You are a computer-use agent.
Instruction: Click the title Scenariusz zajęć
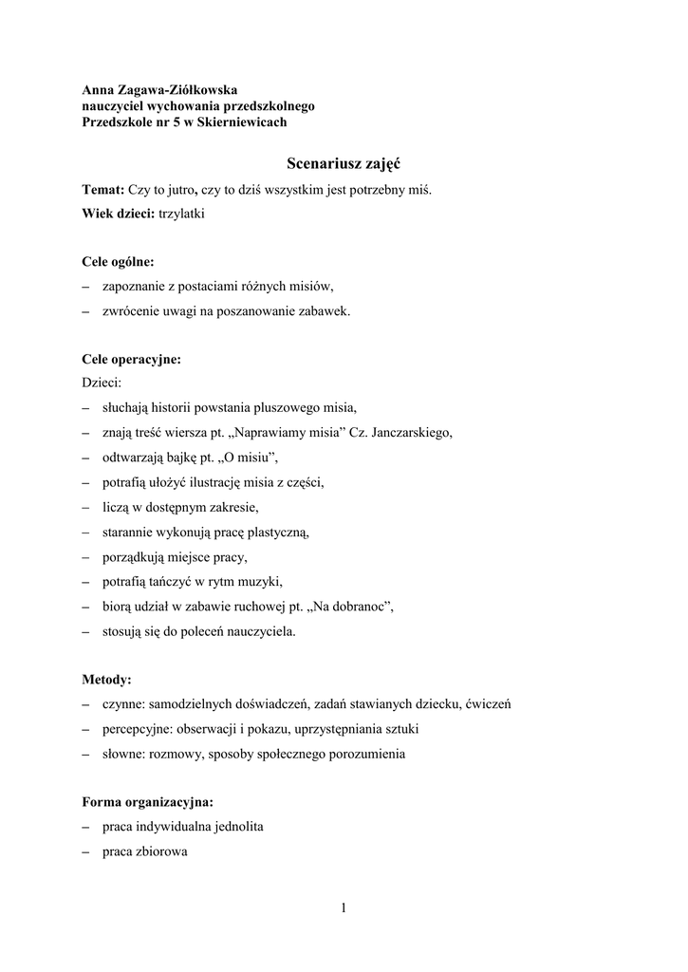click(x=343, y=163)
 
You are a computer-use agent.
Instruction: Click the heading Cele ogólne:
click(x=119, y=261)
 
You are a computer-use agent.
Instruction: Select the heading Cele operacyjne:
click(x=131, y=360)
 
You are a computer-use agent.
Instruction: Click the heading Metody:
click(x=107, y=680)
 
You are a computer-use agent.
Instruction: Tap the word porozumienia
click(x=363, y=754)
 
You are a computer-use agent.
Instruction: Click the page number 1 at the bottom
click(x=344, y=908)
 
